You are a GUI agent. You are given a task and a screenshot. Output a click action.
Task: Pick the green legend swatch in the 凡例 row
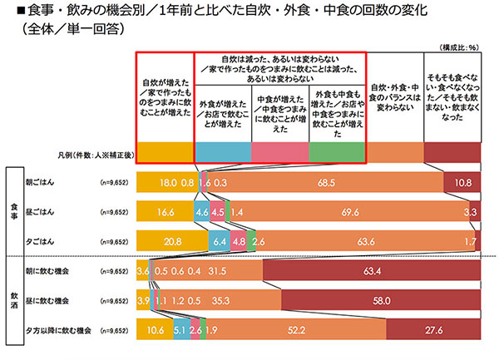[x=336, y=152]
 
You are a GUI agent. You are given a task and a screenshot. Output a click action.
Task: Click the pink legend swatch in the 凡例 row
[x=279, y=152]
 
